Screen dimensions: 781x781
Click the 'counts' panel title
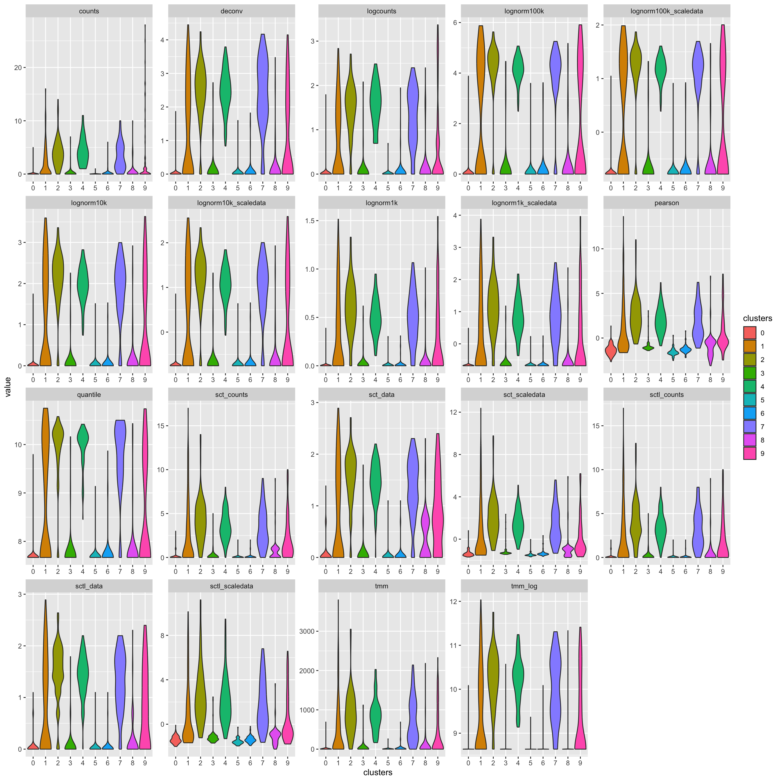[x=89, y=11]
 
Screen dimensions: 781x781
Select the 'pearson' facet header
[x=667, y=203]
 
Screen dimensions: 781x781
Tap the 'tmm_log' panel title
[x=524, y=586]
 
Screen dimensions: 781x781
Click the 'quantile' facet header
[x=89, y=395]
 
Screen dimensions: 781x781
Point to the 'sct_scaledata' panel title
[x=524, y=395]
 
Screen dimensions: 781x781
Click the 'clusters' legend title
[x=757, y=318]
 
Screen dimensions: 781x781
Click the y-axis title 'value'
[x=8, y=387]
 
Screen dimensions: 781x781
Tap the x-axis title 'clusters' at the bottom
[x=377, y=773]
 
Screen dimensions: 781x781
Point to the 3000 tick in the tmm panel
[x=307, y=631]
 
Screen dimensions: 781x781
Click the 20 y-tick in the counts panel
[x=18, y=67]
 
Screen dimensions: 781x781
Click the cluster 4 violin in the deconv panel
[x=225, y=93]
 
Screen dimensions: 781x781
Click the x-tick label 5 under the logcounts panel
[x=388, y=188]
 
